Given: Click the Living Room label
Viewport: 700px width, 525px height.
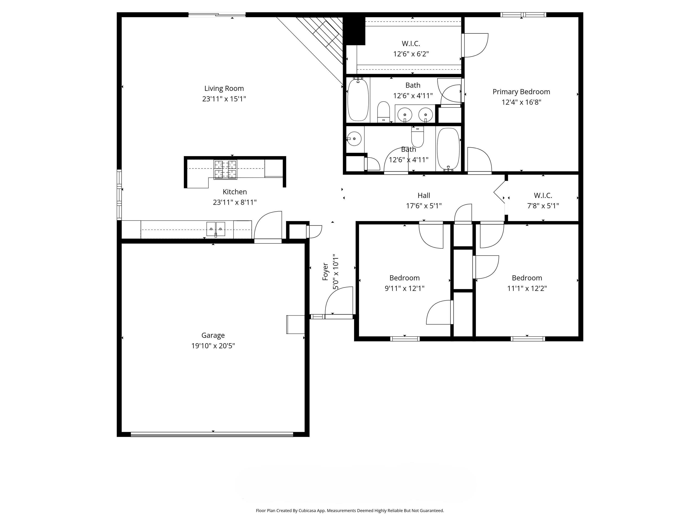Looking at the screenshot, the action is (x=224, y=89).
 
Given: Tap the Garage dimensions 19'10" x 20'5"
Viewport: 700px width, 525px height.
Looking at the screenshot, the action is (x=213, y=346).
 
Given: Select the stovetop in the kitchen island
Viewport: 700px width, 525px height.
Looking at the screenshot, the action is (x=225, y=170).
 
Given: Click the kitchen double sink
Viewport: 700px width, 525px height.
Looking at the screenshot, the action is (x=216, y=229).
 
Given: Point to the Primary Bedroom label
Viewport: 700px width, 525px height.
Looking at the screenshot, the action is (x=521, y=92).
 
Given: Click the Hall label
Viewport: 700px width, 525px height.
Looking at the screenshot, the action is (x=424, y=196).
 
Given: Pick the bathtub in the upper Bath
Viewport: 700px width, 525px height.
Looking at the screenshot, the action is (x=358, y=99).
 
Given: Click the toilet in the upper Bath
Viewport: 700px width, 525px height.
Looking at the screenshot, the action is (x=383, y=112).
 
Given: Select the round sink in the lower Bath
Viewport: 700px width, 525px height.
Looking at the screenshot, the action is (x=354, y=139).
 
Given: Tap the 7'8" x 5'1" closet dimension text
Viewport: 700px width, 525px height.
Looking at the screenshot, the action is (x=543, y=206).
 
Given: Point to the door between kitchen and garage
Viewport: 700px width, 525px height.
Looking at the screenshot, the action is (x=268, y=226).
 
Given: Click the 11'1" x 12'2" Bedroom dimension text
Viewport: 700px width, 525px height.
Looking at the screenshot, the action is (x=527, y=288).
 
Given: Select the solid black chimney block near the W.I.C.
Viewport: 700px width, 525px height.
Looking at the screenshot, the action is (x=354, y=30).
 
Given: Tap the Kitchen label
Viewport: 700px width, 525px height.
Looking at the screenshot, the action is (x=234, y=192).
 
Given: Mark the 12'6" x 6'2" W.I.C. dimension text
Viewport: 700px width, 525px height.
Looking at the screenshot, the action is (x=411, y=54).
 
